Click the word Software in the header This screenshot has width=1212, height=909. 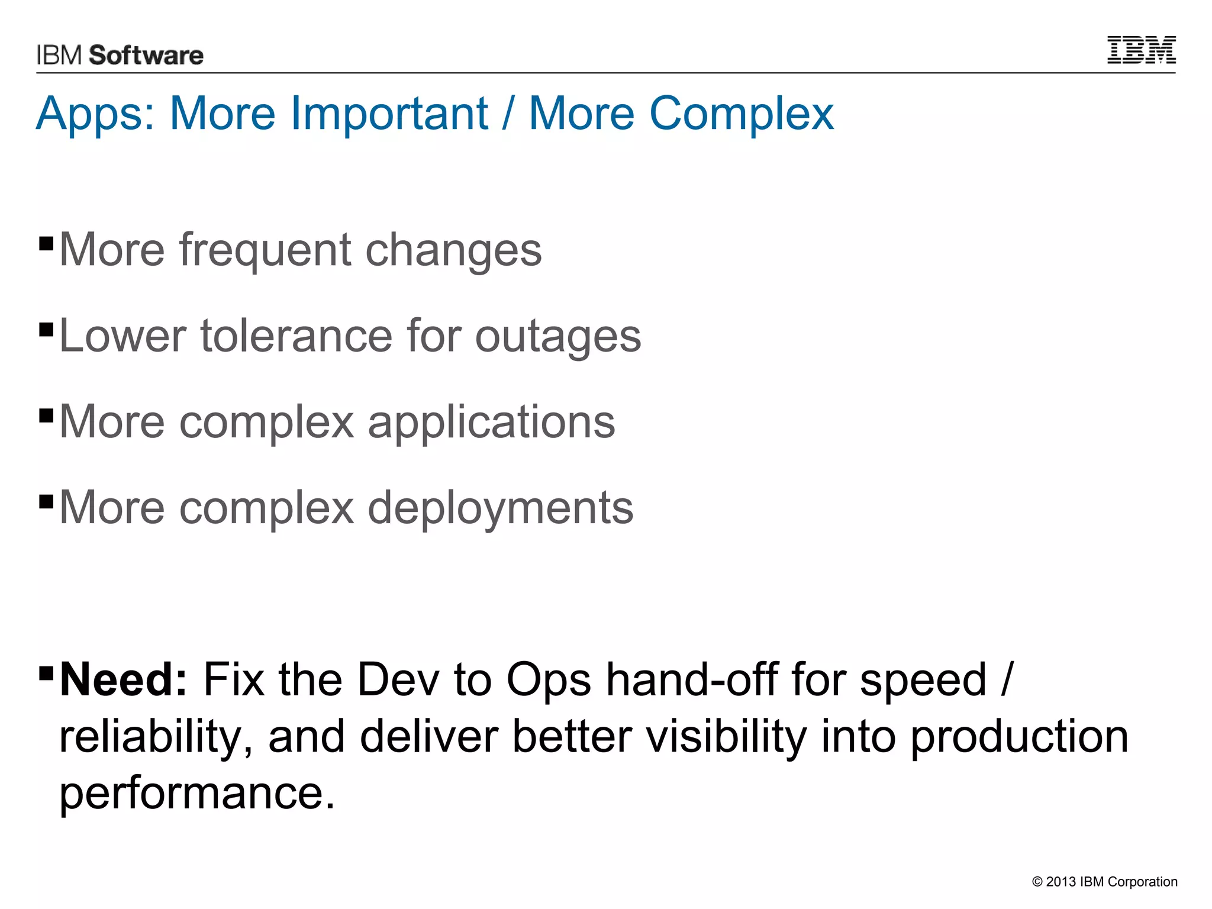point(146,56)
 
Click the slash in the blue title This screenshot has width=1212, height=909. point(508,114)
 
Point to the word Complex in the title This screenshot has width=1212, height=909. point(741,114)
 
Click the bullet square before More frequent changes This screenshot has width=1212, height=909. point(46,243)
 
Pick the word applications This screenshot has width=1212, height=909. point(491,423)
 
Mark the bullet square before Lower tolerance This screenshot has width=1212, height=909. point(46,328)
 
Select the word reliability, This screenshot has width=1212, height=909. point(156,737)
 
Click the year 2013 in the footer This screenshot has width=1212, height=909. point(1061,882)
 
